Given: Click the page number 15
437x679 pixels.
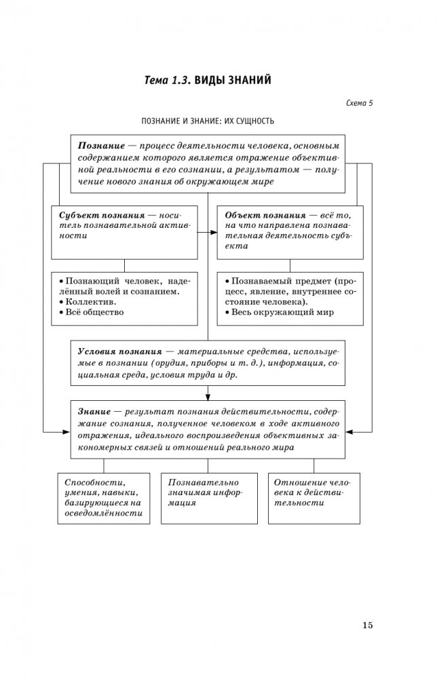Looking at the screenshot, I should pos(367,625).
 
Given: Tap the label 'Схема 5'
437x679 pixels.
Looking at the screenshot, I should pos(360,103).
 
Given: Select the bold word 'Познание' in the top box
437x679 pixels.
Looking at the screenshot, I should pos(100,146).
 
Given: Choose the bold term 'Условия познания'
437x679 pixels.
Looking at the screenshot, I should pos(119,353).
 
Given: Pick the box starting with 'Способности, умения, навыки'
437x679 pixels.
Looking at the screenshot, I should pos(104,497).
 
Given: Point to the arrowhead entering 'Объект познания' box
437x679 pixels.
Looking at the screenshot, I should pos(214,233).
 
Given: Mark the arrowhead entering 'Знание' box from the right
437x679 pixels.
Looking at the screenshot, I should pos(347,431).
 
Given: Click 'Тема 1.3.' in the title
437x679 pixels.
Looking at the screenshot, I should pos(168,81).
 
